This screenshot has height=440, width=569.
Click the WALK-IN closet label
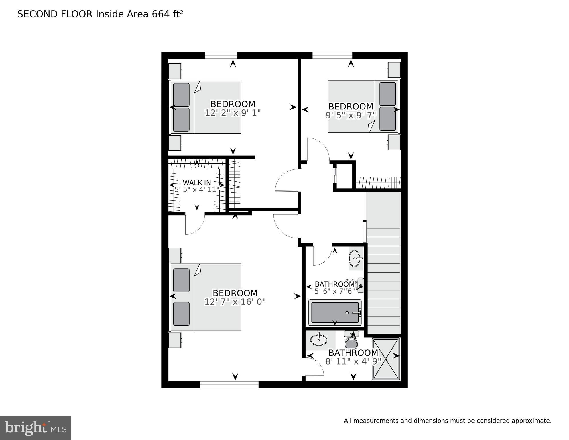[197, 183]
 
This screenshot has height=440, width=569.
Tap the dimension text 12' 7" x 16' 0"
[235, 302]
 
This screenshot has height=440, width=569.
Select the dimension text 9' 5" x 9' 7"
[351, 115]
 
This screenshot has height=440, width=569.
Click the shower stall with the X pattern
[386, 359]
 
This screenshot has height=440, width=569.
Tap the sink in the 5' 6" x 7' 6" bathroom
[355, 259]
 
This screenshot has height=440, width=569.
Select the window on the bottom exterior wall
[229, 385]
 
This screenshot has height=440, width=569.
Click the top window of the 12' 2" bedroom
[221, 55]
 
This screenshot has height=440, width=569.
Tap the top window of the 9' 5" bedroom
[332, 55]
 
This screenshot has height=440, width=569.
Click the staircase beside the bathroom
[383, 281]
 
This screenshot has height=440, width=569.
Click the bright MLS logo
[36, 428]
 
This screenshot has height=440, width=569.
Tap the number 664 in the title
[161, 14]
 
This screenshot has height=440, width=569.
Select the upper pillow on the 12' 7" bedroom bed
[181, 280]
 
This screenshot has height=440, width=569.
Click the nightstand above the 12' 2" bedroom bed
[175, 71]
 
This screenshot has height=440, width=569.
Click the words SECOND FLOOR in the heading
[55, 14]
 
